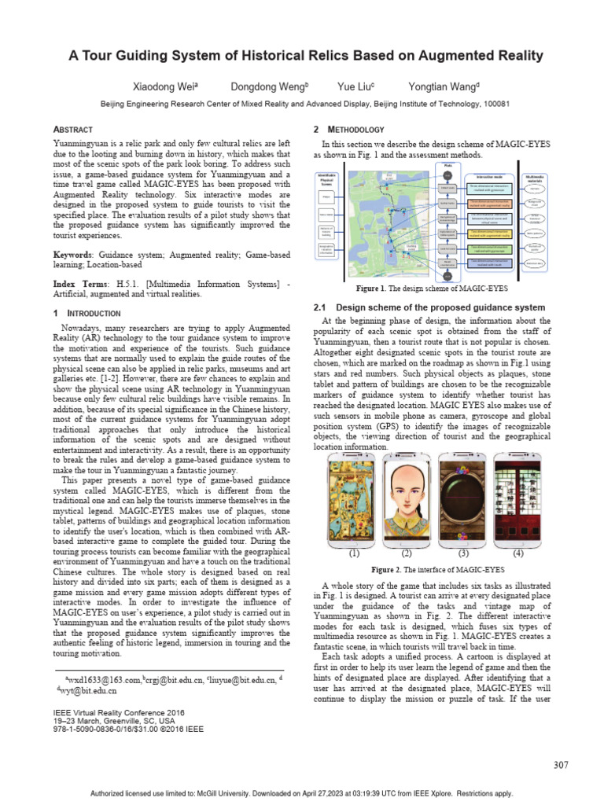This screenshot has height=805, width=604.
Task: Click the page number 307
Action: pos(561,765)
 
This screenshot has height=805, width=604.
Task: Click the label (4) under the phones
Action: pos(518,553)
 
